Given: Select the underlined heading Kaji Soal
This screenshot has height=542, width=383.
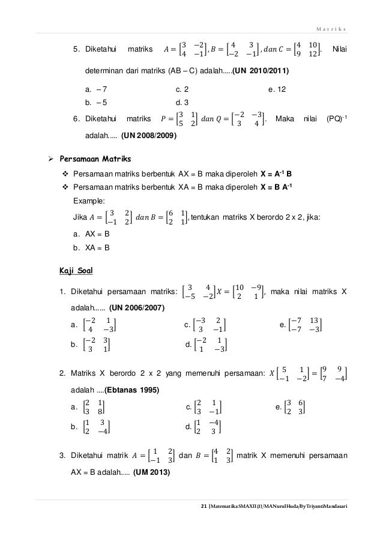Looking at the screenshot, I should tap(73, 270).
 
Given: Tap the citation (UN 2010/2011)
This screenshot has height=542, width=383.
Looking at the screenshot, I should tap(261, 71).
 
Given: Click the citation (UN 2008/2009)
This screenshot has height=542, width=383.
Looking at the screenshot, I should tap(149, 136).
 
